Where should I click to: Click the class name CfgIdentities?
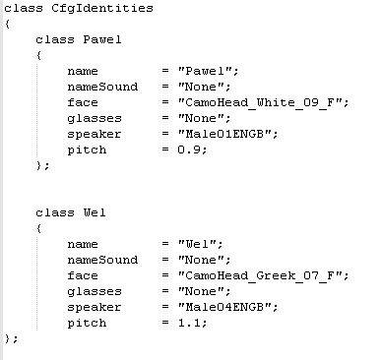coord(102,8)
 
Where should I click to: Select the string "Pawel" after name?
coord(205,71)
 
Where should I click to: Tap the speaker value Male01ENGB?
coord(224,134)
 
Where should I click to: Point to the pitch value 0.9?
coord(189,150)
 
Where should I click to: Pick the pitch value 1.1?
coord(189,323)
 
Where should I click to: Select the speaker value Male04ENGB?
coord(224,307)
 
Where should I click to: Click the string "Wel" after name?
coord(197,244)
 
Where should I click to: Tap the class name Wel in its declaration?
coord(95,212)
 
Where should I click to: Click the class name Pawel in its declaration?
coord(102,39)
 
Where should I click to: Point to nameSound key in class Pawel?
coord(102,87)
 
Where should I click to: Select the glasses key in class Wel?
coord(95,292)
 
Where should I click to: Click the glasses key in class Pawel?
coord(95,119)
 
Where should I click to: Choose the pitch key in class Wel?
coord(87,324)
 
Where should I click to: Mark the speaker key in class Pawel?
coord(95,135)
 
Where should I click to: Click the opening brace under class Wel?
coord(39,228)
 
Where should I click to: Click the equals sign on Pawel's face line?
coord(165,102)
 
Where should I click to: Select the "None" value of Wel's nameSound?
coord(201,260)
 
